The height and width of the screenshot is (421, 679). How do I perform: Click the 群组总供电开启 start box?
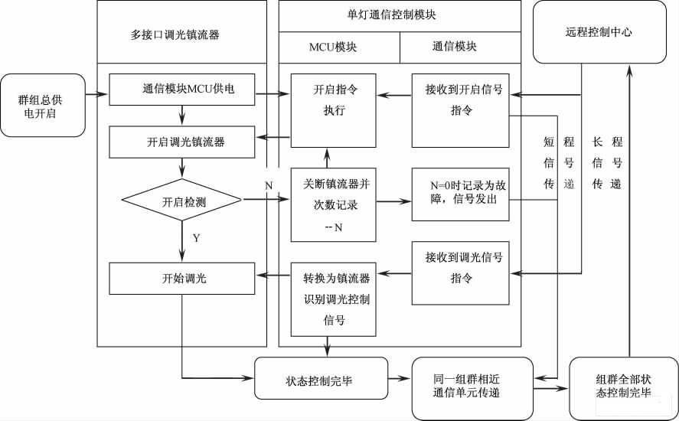pos(43,106)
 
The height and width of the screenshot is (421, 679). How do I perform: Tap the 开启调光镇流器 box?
pos(182,142)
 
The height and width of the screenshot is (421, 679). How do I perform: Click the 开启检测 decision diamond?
pos(182,202)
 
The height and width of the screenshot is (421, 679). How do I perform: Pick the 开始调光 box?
pos(182,279)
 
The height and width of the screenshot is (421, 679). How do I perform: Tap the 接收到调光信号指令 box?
pos(460,268)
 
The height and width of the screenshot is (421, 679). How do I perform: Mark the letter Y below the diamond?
pos(197,238)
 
